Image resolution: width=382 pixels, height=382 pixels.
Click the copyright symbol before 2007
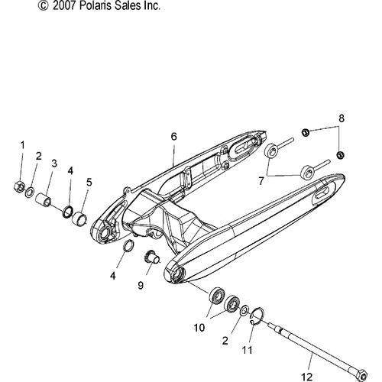[43, 5]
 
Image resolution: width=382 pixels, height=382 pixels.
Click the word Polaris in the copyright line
[95, 5]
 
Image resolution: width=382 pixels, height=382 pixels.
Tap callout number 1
[23, 145]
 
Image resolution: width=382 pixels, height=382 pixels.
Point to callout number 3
[54, 163]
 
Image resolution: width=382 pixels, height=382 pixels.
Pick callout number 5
[89, 183]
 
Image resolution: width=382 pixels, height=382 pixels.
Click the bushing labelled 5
[79, 217]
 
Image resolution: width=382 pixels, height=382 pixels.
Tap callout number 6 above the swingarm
[173, 137]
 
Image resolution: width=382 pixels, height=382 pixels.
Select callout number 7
[261, 181]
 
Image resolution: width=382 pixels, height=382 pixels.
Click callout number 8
[342, 118]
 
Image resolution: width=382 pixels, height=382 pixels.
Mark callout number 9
[141, 285]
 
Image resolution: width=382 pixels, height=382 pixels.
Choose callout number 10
[199, 328]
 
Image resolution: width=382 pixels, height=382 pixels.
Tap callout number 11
[248, 350]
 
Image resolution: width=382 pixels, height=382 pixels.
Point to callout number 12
[307, 377]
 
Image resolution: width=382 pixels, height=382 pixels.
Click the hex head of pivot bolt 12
[361, 374]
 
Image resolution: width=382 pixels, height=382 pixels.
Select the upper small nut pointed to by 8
[305, 132]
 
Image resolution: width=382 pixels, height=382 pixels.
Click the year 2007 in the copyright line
[63, 5]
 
